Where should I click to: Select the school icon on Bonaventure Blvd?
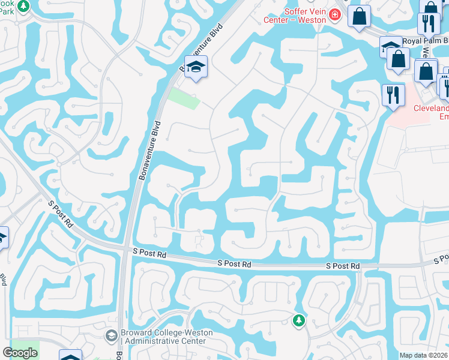coord(196,67)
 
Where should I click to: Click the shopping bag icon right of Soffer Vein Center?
coord(360,17)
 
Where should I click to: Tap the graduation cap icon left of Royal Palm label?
coord(390,47)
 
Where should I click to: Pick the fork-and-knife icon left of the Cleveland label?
coord(393,95)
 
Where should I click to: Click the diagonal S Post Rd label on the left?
coord(61,214)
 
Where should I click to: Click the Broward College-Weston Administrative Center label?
coord(163,337)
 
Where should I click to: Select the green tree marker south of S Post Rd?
coord(298,321)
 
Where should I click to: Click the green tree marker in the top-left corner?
coord(23,6)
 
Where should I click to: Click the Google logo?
coord(20,352)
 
